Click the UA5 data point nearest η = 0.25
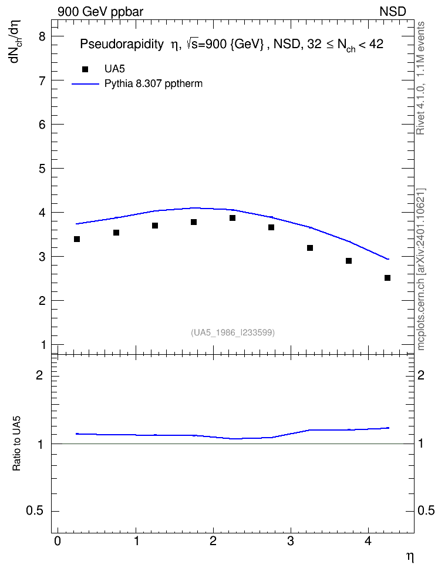77,239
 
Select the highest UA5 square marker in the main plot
233,218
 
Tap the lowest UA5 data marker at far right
388,278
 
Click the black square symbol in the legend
85,69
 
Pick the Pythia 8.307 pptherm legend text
153,84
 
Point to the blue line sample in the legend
85,84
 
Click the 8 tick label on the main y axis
43,36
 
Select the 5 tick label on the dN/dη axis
43,169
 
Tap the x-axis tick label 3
291,541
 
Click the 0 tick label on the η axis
58,541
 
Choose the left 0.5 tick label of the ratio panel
35,511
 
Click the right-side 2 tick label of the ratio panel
421,375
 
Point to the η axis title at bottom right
410,557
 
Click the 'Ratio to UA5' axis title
17,443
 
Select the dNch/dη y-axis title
15,41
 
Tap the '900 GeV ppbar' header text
100,12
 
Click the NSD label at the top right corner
393,12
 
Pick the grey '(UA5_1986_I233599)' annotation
233,332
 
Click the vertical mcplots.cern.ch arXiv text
421,270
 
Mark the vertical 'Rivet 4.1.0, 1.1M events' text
420,78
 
